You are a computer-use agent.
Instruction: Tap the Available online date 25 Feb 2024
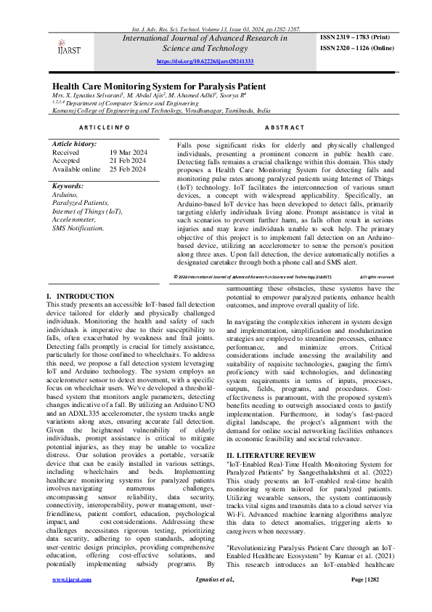(x=128, y=169)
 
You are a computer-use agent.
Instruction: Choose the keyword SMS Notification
(x=78, y=228)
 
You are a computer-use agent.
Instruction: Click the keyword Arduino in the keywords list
(x=65, y=195)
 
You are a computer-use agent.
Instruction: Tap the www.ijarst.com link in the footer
(x=70, y=600)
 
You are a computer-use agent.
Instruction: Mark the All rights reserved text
(x=377, y=277)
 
